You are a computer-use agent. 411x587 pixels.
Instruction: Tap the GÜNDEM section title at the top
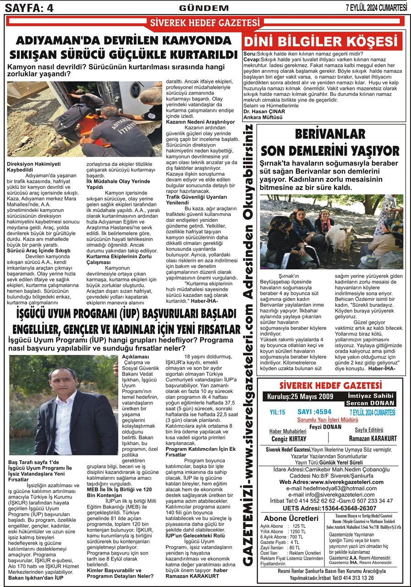(x=204, y=8)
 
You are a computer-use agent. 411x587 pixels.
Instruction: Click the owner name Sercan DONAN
(x=370, y=403)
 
